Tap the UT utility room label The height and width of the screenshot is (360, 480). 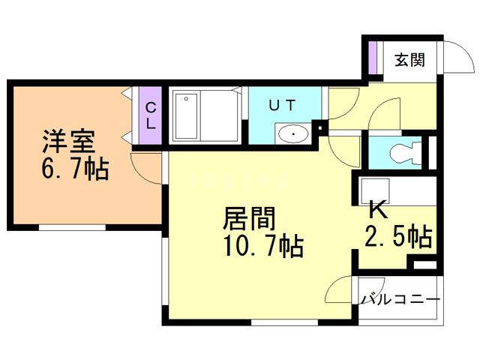282,106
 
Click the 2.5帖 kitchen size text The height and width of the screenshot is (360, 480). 397,237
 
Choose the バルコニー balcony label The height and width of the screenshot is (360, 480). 400,299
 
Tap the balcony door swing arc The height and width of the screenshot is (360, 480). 341,289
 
